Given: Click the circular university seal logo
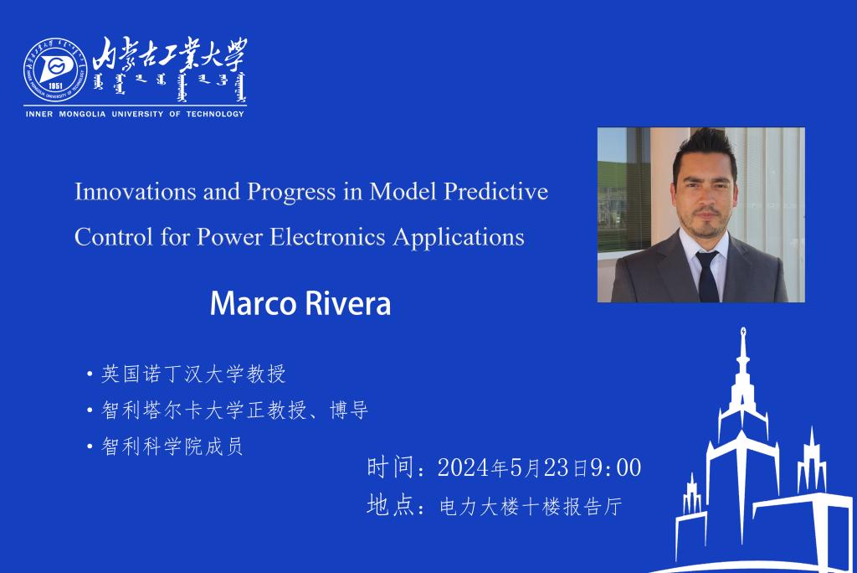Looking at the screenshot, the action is [x=55, y=70].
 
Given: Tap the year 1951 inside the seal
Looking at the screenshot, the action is [x=55, y=86].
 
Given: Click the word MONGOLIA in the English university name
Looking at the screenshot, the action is [x=82, y=114].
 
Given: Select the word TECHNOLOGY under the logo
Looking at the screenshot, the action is [x=215, y=114].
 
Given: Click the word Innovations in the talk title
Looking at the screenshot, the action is [x=136, y=192].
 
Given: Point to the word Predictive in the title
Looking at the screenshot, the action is [x=495, y=192].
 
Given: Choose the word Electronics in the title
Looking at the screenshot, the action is [x=327, y=237].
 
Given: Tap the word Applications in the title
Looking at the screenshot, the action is [x=459, y=238].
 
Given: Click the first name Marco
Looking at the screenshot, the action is [x=253, y=303].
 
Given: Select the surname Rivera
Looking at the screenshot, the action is [x=347, y=303].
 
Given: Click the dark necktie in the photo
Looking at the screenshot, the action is [x=708, y=277].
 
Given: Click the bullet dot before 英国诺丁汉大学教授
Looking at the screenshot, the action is [x=90, y=375].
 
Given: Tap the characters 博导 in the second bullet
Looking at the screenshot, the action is [x=349, y=410].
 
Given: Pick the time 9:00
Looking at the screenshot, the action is [x=616, y=468].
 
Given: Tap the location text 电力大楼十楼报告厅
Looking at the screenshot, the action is [x=531, y=506].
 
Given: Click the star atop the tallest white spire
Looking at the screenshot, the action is [x=743, y=331].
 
